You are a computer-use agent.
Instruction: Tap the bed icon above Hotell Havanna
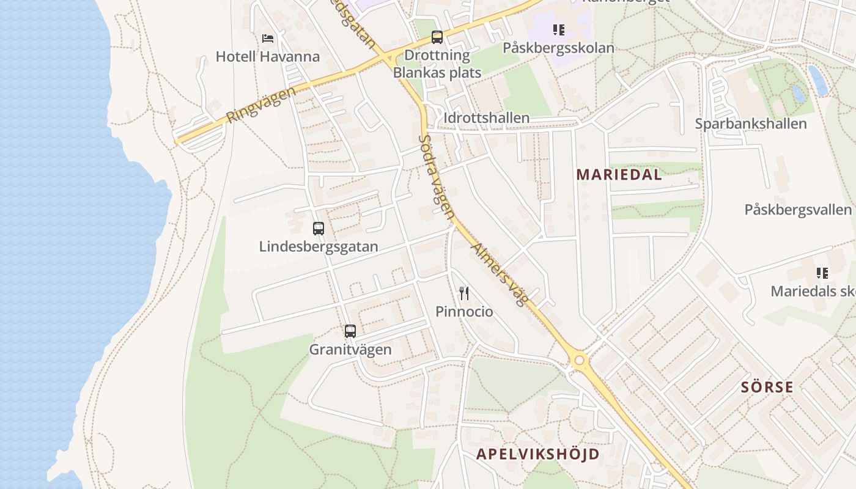pos(267,38)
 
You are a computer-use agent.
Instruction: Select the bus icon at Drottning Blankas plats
pos(437,37)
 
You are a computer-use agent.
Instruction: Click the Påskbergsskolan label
pos(558,48)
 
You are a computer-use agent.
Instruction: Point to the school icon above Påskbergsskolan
pos(558,29)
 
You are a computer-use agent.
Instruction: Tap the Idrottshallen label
pos(487,118)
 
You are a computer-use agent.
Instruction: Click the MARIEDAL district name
pos(619,175)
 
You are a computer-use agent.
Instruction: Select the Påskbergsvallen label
pos(797,210)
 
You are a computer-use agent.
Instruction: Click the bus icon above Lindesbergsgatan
pos(319,229)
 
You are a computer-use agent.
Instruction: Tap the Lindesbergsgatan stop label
pos(319,247)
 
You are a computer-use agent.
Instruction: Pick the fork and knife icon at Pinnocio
pos(464,293)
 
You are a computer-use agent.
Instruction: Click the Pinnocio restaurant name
pos(464,312)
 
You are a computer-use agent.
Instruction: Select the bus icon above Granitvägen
pos(350,331)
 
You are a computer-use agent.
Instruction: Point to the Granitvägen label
pos(350,350)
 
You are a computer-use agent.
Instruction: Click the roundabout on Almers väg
pos(579,361)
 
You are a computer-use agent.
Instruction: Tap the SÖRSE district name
pos(767,387)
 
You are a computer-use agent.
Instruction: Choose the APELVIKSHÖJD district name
pos(537,454)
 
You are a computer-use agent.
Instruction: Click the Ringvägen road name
pos(260,105)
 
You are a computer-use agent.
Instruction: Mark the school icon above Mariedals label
pos(822,273)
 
